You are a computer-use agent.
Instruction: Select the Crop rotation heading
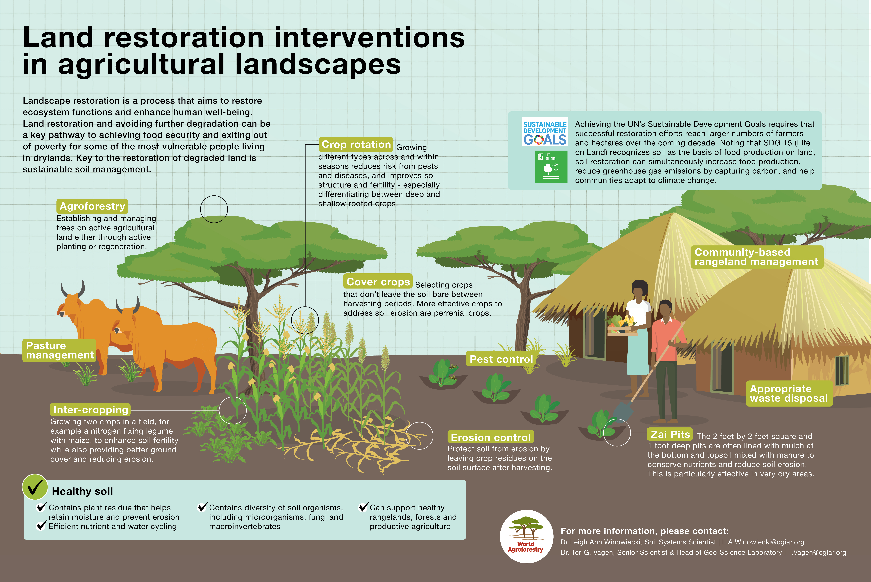click(x=356, y=144)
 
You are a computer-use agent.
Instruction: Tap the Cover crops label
click(x=378, y=282)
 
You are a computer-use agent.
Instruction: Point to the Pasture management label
click(x=59, y=350)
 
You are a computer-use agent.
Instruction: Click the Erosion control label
click(x=490, y=437)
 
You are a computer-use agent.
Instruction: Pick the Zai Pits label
click(x=670, y=434)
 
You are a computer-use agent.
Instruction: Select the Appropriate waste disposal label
click(x=789, y=393)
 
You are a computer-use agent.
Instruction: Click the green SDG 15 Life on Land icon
click(x=551, y=167)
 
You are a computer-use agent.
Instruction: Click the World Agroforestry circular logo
click(x=526, y=536)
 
